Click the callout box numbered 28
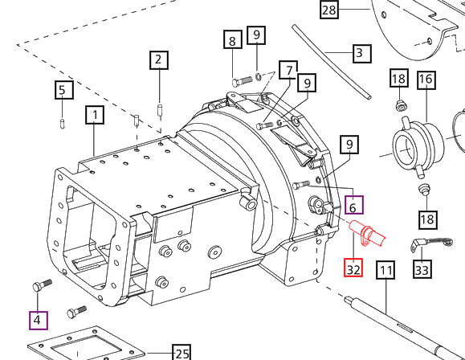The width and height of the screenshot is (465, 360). [330, 10]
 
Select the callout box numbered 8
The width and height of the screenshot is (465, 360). [232, 41]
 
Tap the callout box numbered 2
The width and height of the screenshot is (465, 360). [158, 59]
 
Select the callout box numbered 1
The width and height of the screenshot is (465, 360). [96, 116]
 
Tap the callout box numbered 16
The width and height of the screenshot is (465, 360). [425, 80]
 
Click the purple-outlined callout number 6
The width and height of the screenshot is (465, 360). [353, 206]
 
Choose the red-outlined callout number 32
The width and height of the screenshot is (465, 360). [354, 268]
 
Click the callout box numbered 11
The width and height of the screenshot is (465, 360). [386, 270]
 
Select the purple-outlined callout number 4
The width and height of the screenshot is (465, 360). [37, 320]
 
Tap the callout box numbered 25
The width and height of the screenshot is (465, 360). [182, 353]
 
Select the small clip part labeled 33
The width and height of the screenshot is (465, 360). [422, 243]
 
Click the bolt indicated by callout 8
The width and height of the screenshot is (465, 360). [244, 80]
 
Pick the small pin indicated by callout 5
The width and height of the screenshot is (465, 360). [63, 122]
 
